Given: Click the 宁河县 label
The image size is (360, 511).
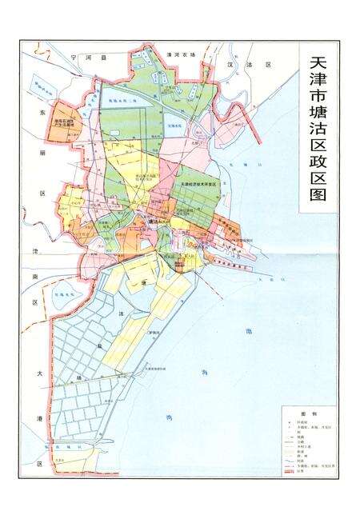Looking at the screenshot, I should click(83, 58).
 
